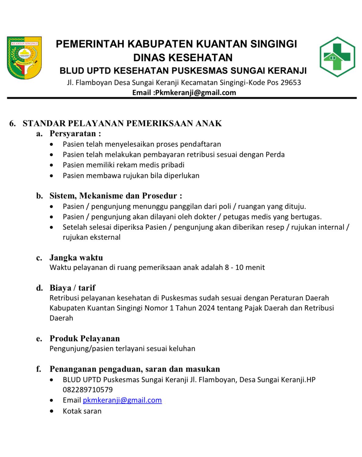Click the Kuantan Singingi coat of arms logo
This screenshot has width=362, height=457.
click(24, 58)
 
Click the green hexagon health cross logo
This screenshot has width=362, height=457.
click(337, 57)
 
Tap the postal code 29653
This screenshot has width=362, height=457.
click(291, 82)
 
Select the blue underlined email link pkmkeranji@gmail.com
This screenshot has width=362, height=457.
click(122, 400)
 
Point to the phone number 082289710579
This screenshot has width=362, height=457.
click(88, 390)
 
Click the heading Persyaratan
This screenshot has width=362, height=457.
click(73, 133)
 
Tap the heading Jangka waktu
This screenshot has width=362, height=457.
click(76, 257)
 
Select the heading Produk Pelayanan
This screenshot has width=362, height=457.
click(84, 338)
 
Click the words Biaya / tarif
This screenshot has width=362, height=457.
click(72, 288)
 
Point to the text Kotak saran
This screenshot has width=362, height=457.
click(82, 411)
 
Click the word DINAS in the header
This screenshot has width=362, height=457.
click(149, 57)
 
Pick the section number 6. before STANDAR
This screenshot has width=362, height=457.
click(13, 123)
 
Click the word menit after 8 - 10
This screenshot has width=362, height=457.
click(255, 268)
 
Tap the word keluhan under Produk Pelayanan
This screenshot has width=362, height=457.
click(182, 348)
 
